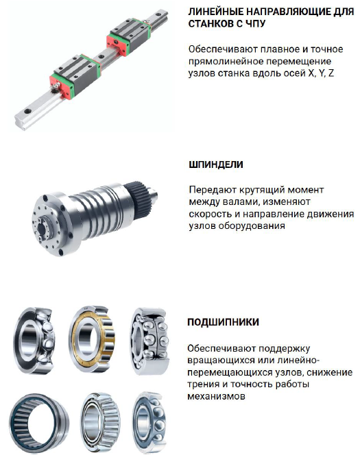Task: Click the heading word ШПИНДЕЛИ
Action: (216, 164)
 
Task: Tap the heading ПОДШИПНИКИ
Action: (224, 322)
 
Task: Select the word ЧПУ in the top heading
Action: (254, 24)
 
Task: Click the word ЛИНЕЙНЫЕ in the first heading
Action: (216, 12)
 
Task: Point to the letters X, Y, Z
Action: (321, 73)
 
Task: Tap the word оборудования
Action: (252, 225)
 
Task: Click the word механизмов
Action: (216, 396)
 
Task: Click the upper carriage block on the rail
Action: (128, 36)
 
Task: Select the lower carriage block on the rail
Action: (75, 76)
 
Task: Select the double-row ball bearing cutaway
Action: (149, 341)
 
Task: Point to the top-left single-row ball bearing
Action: (34, 341)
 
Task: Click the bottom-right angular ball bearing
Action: (149, 423)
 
